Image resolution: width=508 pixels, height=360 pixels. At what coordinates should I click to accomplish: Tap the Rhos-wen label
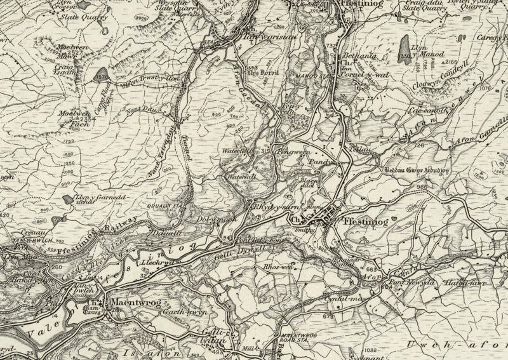[277, 268]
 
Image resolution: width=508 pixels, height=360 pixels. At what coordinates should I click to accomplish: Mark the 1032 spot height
[372, 350]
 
